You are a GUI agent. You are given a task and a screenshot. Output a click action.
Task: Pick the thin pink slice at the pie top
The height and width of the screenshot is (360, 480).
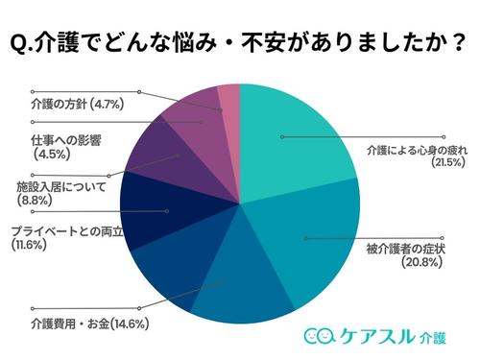click(228, 101)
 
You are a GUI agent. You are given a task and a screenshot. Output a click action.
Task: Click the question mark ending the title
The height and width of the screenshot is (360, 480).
click(460, 44)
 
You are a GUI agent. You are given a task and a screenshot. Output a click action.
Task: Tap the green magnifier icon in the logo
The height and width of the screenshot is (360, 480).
click(327, 335)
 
